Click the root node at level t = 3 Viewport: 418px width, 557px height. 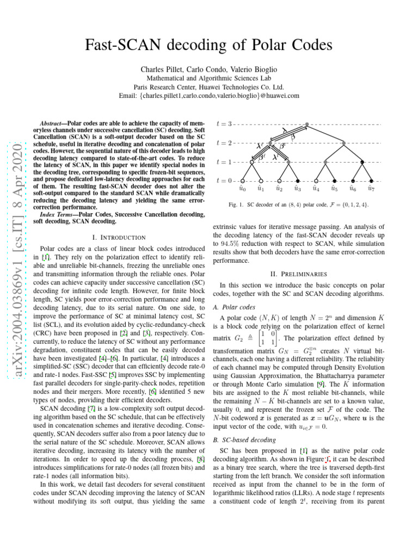tap(307, 125)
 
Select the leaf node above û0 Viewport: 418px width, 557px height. tap(242, 180)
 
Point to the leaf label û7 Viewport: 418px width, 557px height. tap(371, 189)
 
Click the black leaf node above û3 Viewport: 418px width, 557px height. tap(298, 180)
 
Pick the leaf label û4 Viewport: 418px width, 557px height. tap(316, 189)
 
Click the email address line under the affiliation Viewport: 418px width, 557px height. tap(209, 96)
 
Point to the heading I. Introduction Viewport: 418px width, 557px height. tap(119, 237)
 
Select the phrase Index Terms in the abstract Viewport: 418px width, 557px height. tap(62, 215)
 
